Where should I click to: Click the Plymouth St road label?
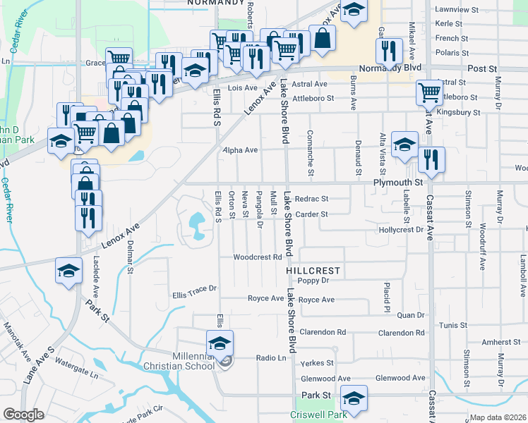[x=397, y=182]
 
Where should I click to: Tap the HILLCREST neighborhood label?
[x=313, y=271]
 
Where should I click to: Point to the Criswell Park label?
[x=322, y=415]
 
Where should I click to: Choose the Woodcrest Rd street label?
[x=258, y=257]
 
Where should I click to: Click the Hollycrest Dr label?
[x=400, y=230]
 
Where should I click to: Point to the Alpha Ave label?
[x=241, y=150]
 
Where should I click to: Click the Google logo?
[x=23, y=415]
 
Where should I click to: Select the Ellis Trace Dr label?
[x=194, y=288]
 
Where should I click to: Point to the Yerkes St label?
[x=317, y=363]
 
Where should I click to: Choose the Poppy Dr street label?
[x=313, y=281]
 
